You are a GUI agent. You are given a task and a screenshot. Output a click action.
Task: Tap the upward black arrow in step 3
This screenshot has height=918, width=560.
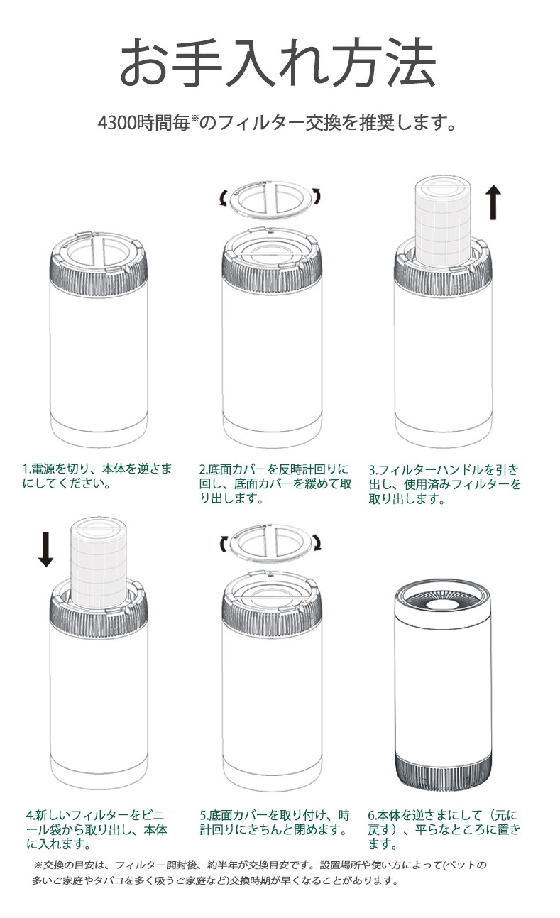coord(494,202)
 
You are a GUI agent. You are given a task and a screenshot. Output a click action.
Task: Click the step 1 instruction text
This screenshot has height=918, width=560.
coord(97,476)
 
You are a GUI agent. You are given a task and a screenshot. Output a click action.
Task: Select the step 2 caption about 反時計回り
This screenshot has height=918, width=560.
coord(275,483)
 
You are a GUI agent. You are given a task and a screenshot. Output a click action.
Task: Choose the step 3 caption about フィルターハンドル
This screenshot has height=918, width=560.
coord(444,483)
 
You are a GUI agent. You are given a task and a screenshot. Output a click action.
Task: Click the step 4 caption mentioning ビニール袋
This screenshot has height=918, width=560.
coord(97,829)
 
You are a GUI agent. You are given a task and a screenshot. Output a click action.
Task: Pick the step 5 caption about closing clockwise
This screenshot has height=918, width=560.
coord(275,822)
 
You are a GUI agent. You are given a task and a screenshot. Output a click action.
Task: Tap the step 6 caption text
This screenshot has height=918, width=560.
coord(444,829)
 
